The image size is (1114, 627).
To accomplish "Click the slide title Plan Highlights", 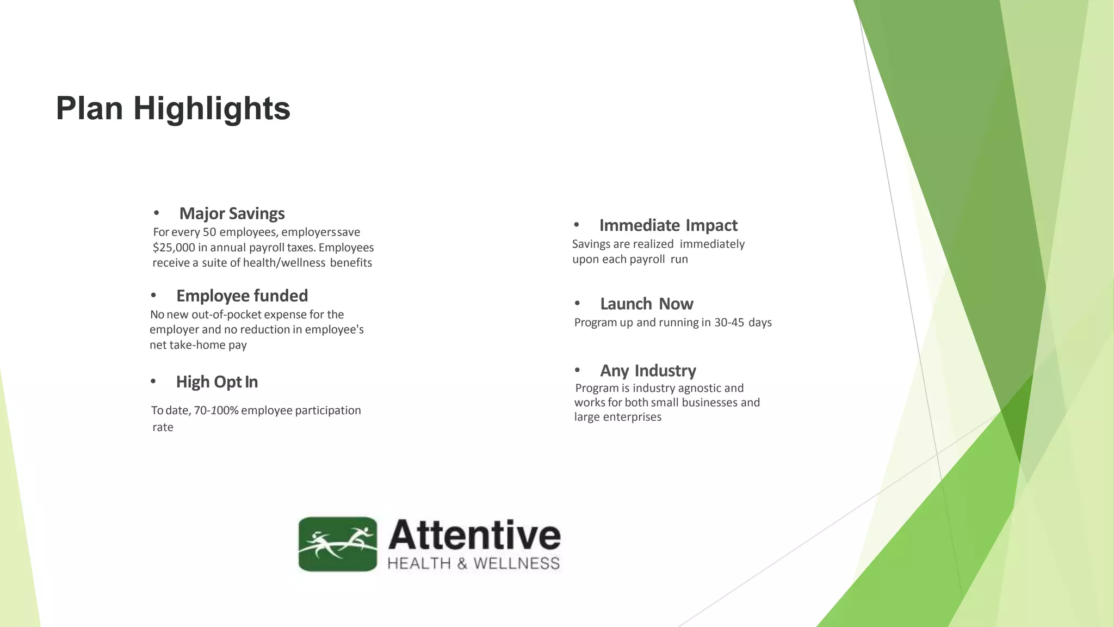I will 173,108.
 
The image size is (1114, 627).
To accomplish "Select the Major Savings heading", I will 232,213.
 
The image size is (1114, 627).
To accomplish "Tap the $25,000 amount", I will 174,248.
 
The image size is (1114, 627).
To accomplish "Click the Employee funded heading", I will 242,296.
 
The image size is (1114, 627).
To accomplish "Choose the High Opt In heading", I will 216,382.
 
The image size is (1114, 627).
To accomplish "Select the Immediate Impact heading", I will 668,225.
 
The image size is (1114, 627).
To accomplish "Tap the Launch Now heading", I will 646,304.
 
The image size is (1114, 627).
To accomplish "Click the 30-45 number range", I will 729,323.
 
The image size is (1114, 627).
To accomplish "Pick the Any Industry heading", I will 648,371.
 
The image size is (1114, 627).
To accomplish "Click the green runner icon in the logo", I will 338,544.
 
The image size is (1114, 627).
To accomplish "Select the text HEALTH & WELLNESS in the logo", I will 473,563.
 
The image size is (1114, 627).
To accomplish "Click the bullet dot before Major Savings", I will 156,213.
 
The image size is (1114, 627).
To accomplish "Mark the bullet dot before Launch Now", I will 577,303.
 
